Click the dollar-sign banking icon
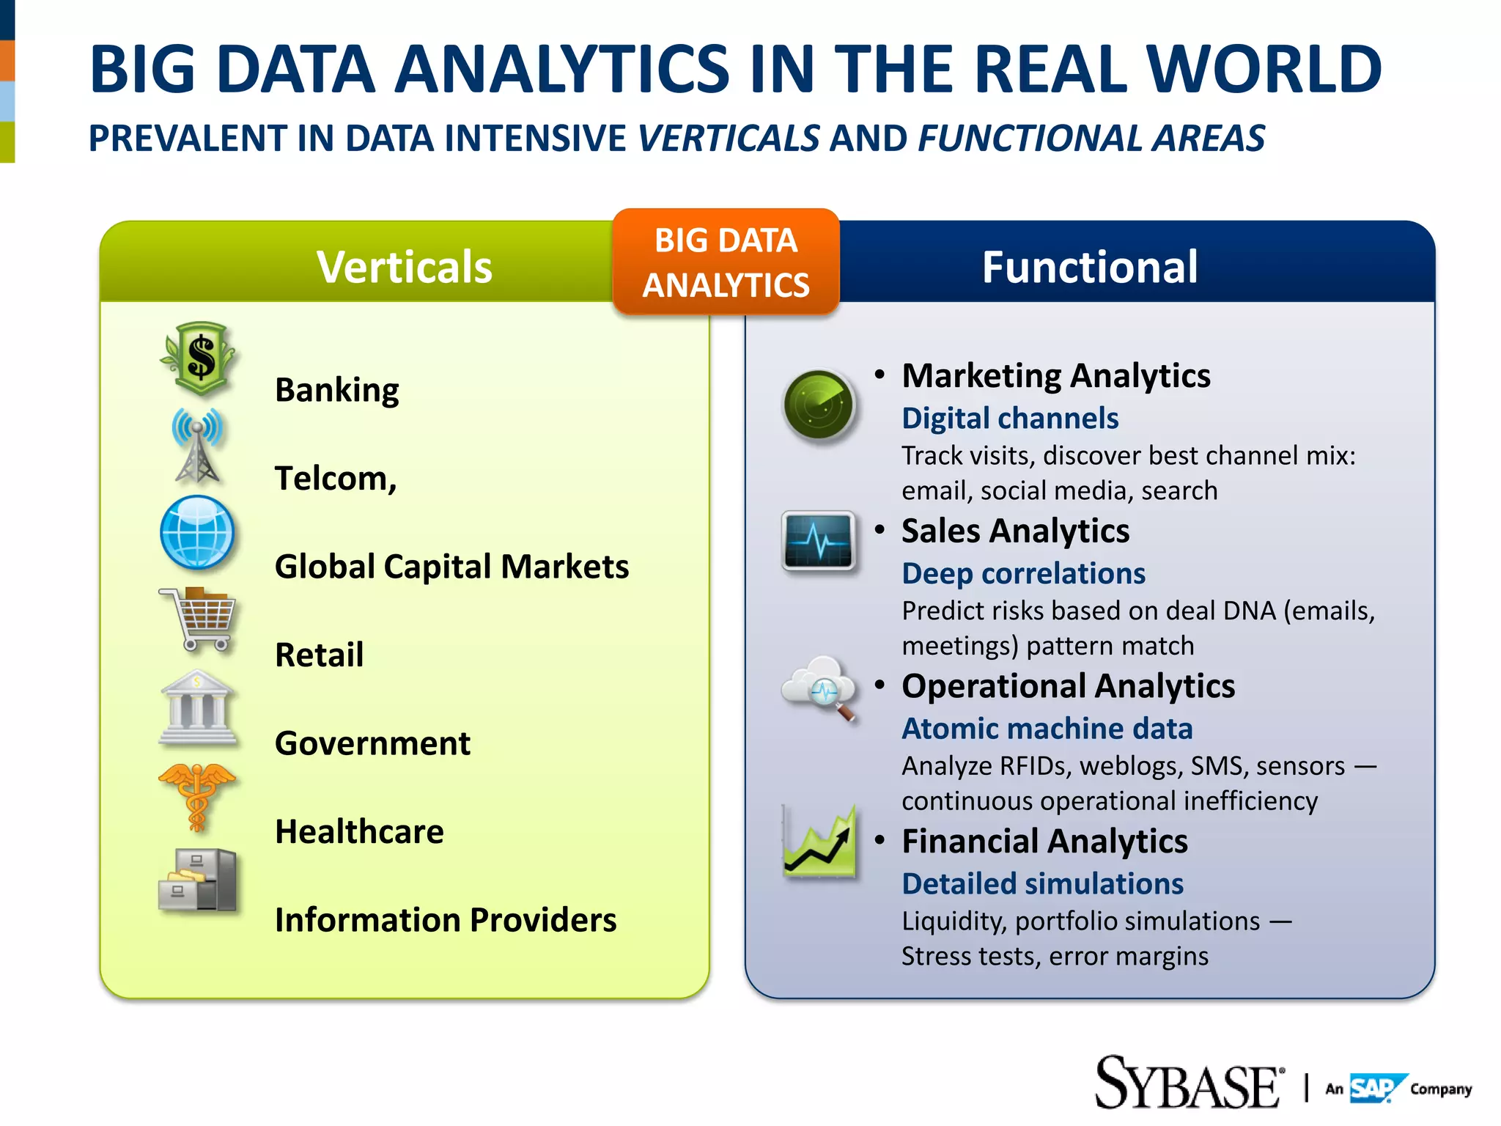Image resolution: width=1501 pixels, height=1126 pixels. click(199, 358)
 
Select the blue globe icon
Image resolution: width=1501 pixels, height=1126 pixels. click(197, 533)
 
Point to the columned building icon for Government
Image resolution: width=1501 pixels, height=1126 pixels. click(197, 707)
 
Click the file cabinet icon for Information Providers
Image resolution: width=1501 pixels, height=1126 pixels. click(197, 880)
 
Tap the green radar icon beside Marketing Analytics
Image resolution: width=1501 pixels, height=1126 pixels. click(819, 405)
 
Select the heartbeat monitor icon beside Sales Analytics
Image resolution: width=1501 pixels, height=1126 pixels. click(819, 542)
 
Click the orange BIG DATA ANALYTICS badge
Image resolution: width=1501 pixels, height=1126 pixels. click(726, 262)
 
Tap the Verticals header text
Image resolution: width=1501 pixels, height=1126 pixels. click(404, 267)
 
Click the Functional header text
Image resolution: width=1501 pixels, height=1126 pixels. click(1090, 267)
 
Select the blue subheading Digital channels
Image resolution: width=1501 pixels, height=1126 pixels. click(1010, 419)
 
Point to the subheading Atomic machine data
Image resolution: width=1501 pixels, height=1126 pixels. click(1047, 729)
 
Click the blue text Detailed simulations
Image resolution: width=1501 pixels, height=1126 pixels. click(1042, 884)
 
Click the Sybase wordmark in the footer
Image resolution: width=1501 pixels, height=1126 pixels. click(1189, 1083)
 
